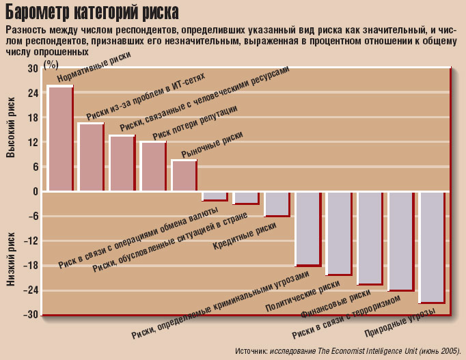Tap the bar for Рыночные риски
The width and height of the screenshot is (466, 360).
click(184, 176)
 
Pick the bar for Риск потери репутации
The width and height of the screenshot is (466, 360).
click(153, 167)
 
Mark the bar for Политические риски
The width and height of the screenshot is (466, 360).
click(339, 233)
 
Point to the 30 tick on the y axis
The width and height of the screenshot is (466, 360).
click(33, 68)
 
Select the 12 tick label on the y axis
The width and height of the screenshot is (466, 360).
click(33, 142)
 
